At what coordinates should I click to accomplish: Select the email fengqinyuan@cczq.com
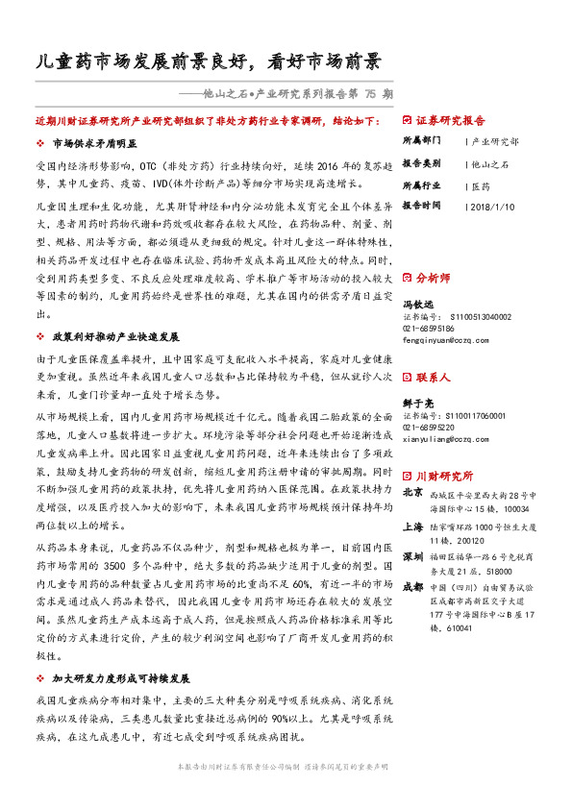coord(446,339)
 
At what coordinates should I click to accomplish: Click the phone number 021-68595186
coord(433,328)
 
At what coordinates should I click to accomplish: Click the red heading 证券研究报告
coord(451,122)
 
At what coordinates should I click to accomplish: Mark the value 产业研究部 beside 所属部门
coord(496,141)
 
